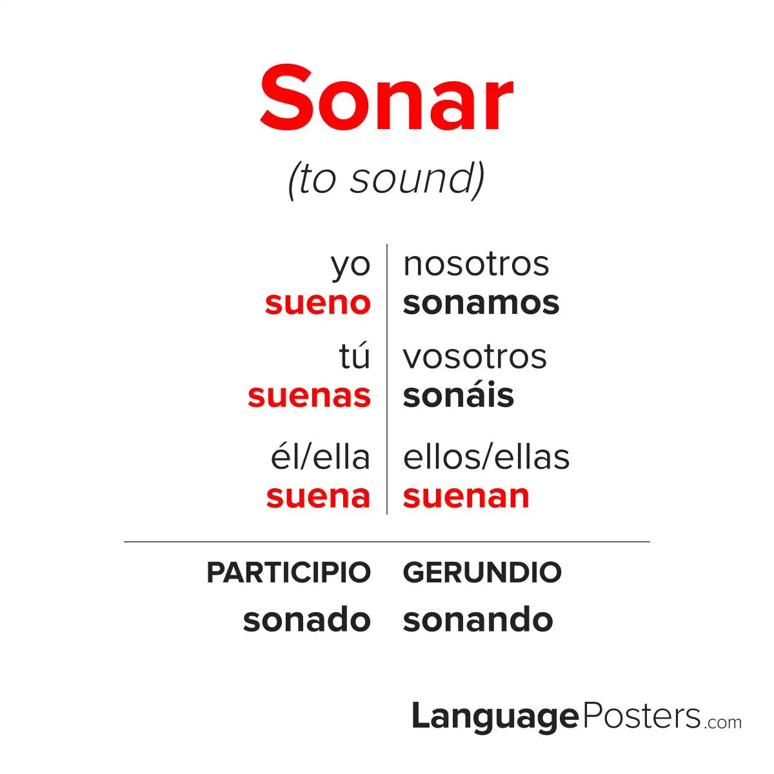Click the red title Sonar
[x=386, y=98]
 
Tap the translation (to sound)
[x=386, y=181]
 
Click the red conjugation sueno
[x=318, y=304]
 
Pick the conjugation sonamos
[x=481, y=304]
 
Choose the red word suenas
[x=310, y=397]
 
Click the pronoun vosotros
[x=475, y=357]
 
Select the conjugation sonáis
[x=459, y=395]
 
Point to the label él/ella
[x=320, y=457]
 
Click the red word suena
[x=318, y=497]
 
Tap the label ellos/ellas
[x=486, y=457]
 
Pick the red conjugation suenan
[x=466, y=497]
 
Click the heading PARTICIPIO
[x=288, y=572]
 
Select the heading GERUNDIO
[x=482, y=572]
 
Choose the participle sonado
[x=307, y=619]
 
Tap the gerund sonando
[x=478, y=619]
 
